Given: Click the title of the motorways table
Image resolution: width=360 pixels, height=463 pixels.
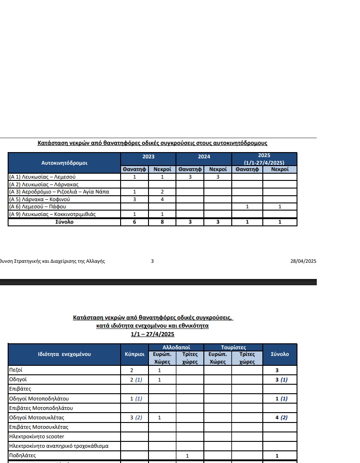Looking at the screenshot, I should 152,143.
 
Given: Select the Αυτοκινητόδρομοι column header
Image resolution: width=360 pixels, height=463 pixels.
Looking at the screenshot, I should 64,162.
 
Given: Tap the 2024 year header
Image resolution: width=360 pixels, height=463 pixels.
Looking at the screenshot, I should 204,157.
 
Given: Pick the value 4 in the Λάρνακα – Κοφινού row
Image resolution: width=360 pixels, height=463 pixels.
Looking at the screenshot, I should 162,199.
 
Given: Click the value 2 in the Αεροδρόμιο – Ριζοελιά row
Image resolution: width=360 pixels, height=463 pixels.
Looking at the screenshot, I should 162,192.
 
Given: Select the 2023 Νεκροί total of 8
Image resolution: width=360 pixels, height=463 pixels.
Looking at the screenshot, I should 162,222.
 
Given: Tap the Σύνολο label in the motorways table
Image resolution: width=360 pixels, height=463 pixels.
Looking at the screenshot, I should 64,222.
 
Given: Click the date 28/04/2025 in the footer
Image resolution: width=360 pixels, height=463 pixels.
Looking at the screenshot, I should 304,261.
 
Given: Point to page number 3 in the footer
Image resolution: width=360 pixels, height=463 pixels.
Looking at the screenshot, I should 152,261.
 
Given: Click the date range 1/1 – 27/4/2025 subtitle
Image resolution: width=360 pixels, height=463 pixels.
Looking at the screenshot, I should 152,334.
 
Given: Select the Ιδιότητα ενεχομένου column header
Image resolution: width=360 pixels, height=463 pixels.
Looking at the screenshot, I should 64,354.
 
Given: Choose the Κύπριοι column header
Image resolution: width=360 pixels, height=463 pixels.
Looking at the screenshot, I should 135,354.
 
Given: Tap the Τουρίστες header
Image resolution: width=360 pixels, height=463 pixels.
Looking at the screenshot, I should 233,347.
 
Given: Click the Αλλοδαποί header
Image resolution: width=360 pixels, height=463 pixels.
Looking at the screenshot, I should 176,347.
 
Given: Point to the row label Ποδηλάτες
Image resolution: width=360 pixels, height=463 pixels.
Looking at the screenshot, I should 22,456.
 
